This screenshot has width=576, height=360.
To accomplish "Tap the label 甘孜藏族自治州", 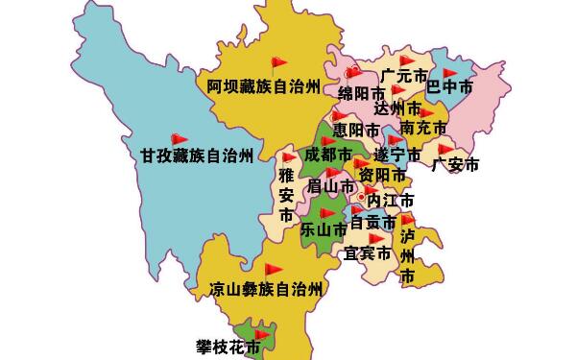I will point(197,155).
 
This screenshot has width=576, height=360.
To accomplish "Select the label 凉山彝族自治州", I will point(266,289).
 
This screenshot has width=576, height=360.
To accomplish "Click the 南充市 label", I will point(424,128).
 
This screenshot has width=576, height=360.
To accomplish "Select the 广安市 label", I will point(455,164).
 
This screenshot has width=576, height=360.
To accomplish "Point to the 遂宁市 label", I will point(397,155).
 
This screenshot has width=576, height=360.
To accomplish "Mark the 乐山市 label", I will point(324,229).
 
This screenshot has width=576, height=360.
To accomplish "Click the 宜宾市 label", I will point(368,254).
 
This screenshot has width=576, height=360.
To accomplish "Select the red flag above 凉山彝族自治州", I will point(274,270).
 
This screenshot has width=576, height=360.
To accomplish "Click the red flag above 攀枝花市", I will point(261,333).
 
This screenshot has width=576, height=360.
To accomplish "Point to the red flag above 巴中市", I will point(449,72).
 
